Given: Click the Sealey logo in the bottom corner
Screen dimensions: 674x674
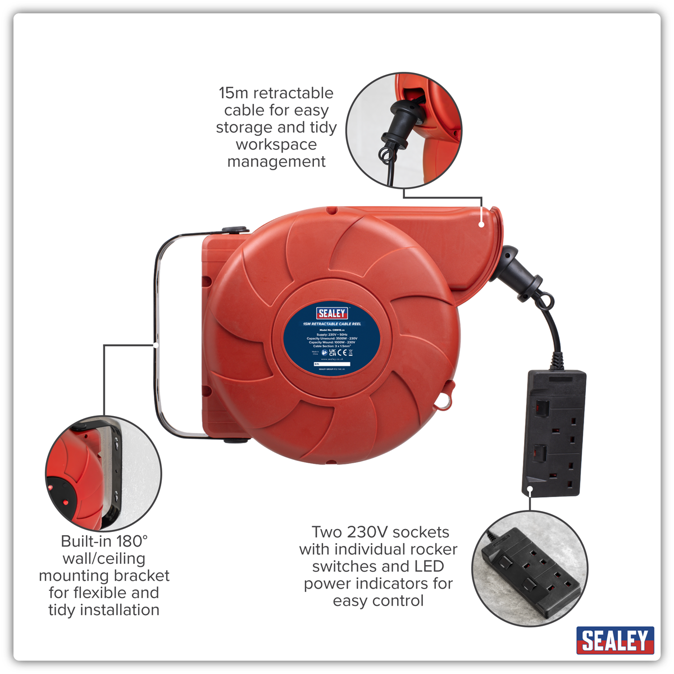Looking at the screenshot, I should coord(615,640).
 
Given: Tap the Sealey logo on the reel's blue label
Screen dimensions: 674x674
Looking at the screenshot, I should coord(332,313).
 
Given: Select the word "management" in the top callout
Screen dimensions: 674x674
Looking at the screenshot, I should coord(276,162).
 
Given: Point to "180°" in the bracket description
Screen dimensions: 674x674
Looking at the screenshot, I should coord(132,541).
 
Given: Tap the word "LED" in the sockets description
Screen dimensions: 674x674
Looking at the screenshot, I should coord(430,566).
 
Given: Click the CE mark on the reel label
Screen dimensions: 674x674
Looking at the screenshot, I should coord(342,353).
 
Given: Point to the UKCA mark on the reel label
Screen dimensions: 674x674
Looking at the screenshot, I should coord(333,353).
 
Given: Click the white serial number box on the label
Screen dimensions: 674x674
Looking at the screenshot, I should coord(332,364).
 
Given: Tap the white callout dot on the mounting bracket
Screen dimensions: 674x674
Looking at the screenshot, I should coord(156,344).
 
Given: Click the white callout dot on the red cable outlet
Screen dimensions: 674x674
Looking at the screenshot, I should coord(481,224).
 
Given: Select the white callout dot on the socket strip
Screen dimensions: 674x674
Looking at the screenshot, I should coord(530,490).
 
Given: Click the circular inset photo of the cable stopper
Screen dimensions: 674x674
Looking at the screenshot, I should coord(403,130).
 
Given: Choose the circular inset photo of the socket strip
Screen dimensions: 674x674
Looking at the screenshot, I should coord(530,568).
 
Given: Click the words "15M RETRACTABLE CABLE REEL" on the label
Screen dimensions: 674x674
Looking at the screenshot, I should coord(332,324).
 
